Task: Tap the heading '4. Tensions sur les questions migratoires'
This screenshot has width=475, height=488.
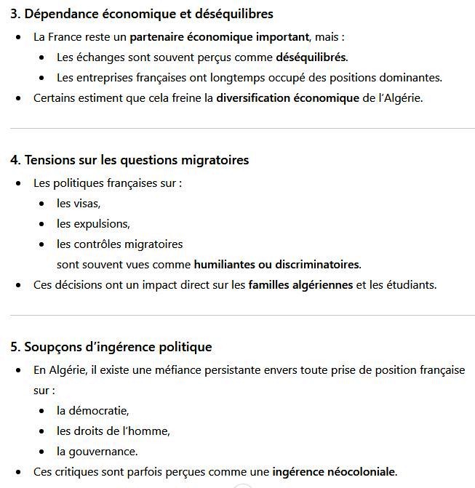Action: tap(129, 160)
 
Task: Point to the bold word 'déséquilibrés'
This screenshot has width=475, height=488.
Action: tap(311, 57)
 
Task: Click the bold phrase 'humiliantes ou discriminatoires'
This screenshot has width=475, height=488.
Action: tap(277, 264)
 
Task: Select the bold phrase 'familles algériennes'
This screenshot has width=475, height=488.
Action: tap(300, 285)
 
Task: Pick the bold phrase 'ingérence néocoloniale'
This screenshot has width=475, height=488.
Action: tap(334, 472)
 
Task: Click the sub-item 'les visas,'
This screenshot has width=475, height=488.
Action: tap(79, 203)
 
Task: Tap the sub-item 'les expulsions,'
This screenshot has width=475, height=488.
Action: tap(93, 223)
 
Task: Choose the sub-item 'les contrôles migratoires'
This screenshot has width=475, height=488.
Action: tap(120, 244)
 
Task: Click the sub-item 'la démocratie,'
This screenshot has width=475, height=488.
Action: tap(92, 410)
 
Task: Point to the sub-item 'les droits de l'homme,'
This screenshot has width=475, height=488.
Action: tap(113, 431)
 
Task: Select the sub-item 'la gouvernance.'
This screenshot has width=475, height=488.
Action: tap(97, 451)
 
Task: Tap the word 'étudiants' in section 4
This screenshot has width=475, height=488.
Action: tap(411, 285)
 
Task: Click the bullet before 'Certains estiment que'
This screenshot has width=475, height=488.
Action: tap(19, 98)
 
